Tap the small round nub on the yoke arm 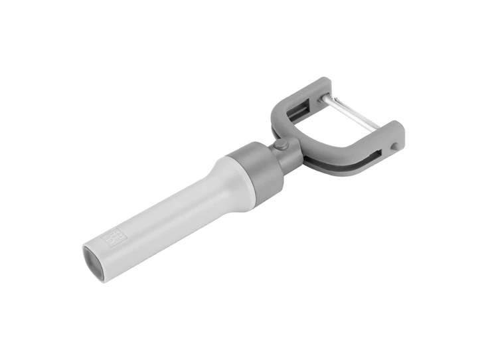pyautogui.click(x=396, y=146)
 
